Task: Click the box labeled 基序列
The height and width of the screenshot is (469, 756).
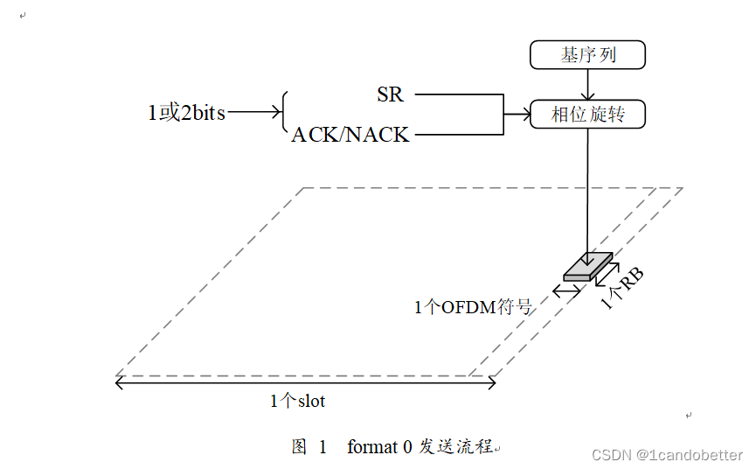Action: point(587,55)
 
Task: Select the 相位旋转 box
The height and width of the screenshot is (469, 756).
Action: point(587,115)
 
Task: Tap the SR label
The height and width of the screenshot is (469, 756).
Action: point(390,94)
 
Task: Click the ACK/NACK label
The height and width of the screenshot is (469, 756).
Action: point(350,135)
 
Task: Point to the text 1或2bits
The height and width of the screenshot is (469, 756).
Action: point(186,113)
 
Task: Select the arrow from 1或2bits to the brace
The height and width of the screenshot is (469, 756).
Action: point(253,113)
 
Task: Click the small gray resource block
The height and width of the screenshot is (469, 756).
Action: point(587,266)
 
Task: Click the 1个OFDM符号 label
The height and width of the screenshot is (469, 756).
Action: point(473,307)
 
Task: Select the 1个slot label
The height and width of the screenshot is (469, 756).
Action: point(297,401)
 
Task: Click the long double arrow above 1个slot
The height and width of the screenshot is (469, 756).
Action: point(306,382)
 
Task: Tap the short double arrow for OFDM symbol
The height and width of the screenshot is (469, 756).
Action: point(566,289)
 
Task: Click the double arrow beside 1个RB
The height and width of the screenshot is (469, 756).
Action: point(607,272)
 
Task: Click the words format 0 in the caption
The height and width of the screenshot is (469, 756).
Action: point(379,447)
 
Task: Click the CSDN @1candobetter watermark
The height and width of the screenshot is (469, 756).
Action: point(667,455)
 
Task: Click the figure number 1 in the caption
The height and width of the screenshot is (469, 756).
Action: point(323,447)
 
